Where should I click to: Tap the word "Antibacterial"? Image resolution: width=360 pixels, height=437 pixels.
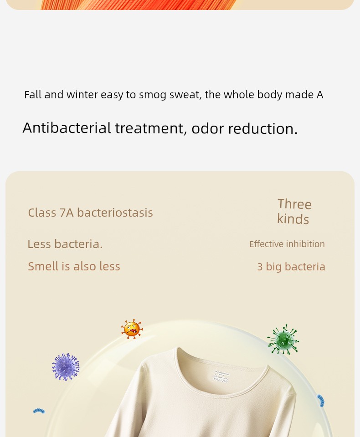(67, 128)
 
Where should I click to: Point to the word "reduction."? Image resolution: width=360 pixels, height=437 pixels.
(263, 128)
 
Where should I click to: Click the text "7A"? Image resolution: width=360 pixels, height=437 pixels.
(67, 213)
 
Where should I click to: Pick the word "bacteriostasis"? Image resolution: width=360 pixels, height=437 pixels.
(115, 213)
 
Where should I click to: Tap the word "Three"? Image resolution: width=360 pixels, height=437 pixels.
(294, 204)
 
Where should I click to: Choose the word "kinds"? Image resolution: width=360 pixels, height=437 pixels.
(293, 219)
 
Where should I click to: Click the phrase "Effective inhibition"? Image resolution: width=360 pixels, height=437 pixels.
(287, 244)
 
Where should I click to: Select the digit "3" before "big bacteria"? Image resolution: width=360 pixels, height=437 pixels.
(260, 267)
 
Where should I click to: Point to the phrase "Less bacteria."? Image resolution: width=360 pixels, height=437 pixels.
(65, 244)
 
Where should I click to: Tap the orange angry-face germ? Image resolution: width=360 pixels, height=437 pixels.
(132, 329)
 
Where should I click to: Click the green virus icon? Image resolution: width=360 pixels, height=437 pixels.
(283, 340)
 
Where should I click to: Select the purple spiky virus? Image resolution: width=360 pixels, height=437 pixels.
(66, 367)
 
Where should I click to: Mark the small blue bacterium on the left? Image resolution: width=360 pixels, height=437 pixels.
(39, 411)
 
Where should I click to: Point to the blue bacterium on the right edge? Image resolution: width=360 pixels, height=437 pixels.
(321, 401)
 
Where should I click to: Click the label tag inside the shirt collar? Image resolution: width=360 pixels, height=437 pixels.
(221, 376)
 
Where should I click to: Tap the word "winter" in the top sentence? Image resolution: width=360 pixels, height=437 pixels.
(82, 95)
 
